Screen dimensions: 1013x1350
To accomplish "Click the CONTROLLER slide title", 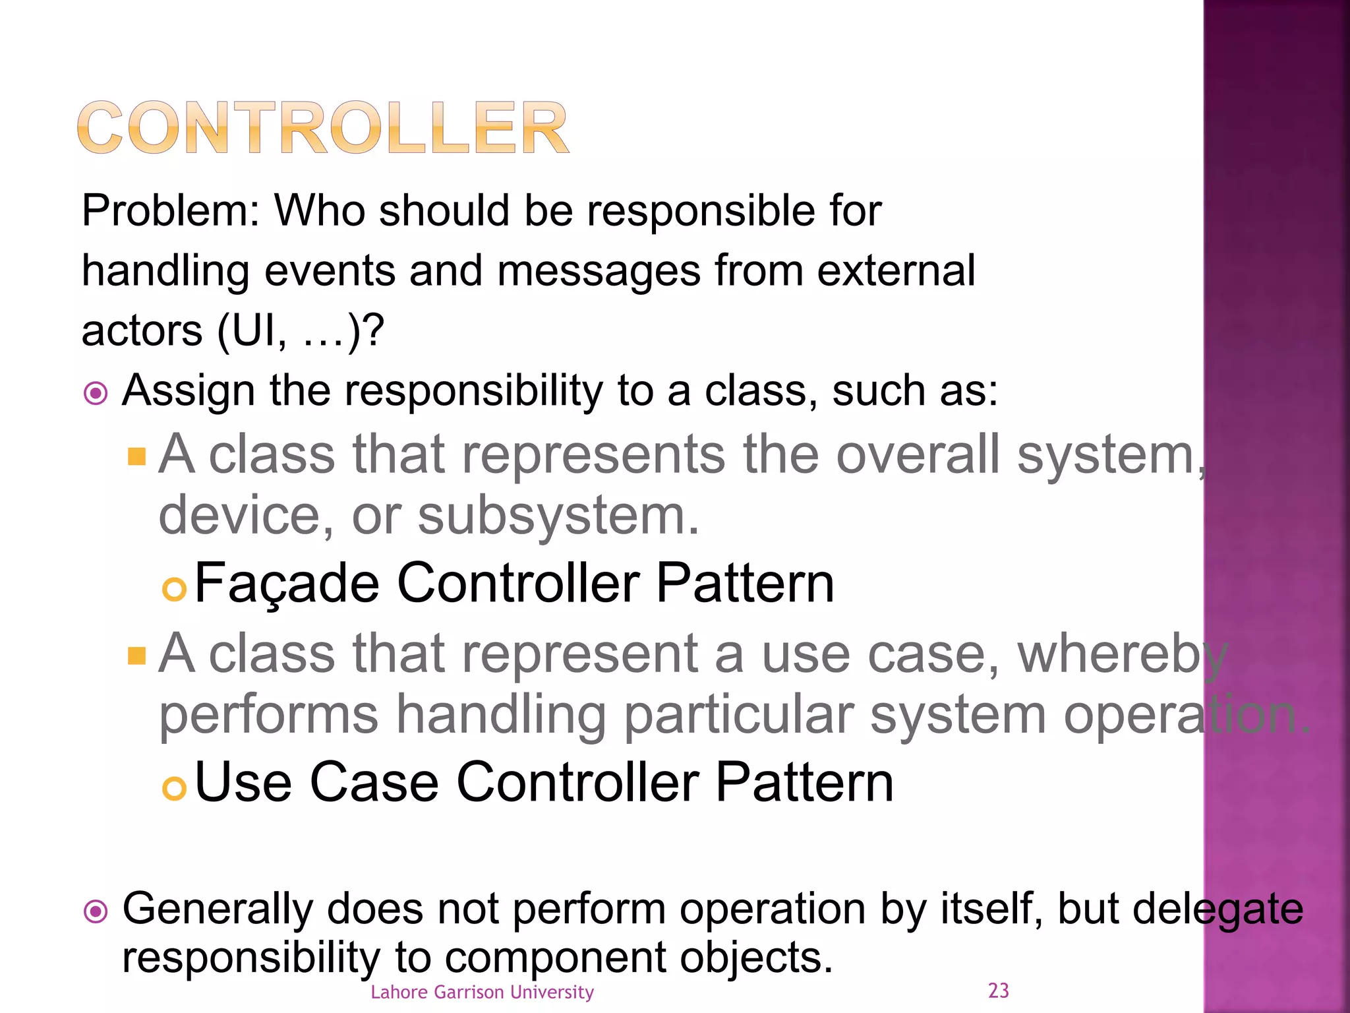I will [x=322, y=128].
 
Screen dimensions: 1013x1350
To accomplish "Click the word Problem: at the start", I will [x=171, y=212].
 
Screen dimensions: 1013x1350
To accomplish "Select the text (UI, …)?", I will [x=300, y=330].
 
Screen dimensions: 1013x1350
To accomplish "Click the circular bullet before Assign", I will [x=96, y=394].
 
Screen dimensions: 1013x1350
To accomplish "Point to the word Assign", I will [x=188, y=391].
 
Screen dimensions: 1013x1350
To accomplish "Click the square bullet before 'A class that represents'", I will [x=136, y=456].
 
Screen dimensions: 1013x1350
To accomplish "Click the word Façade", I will [x=287, y=583].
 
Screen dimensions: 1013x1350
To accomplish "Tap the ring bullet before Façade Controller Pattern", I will [x=174, y=590].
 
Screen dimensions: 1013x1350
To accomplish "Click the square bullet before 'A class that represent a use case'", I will [x=136, y=656].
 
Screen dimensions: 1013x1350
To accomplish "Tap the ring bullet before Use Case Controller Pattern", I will [x=174, y=788].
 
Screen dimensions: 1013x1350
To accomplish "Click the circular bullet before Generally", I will [x=96, y=912].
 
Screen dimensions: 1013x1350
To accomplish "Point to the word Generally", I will [x=217, y=909].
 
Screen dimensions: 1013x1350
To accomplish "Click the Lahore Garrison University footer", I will [x=482, y=992].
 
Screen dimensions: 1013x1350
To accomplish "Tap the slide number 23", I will [x=998, y=991].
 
